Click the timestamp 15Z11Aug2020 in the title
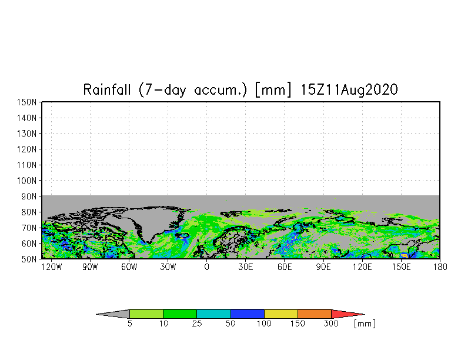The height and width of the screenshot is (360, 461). (350, 90)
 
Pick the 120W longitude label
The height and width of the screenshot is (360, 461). (51, 266)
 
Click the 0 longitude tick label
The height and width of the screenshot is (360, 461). (206, 266)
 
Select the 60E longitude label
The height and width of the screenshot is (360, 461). (285, 266)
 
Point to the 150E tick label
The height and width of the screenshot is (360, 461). (402, 266)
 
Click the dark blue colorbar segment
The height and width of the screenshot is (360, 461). (248, 314)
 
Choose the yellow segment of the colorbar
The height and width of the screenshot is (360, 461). (281, 314)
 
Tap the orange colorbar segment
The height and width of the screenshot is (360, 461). (315, 314)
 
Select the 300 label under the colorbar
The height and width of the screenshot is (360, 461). (332, 324)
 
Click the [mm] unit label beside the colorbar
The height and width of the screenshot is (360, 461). (365, 324)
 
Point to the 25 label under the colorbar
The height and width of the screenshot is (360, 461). (197, 324)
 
